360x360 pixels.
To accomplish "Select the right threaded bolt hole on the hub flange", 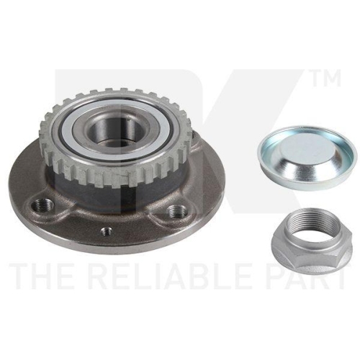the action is pos(177,211).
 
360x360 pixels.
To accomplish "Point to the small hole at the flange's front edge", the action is pos(107,231).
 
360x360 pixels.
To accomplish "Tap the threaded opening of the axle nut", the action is pos(312,225).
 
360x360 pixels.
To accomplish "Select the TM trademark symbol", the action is pos(326,78).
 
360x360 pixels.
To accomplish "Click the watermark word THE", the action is pos(40,276).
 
